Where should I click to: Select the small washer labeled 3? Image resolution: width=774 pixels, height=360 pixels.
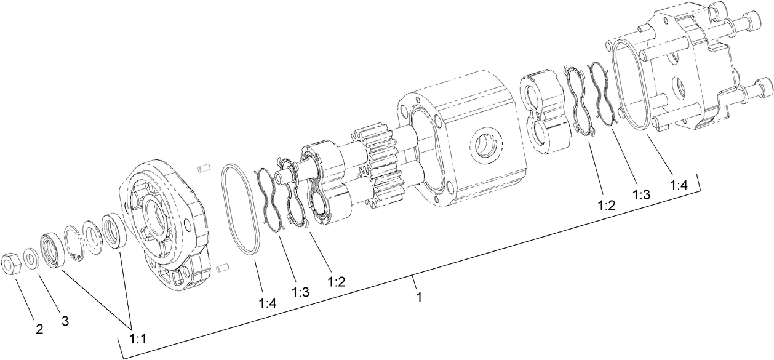pos(30,255)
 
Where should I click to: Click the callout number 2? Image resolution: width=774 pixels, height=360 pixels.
pos(39,329)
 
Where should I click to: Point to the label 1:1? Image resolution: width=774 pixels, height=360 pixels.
pos(138,338)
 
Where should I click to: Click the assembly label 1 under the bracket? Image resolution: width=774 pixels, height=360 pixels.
pos(419,297)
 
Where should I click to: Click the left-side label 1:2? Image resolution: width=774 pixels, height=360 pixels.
pos(336,282)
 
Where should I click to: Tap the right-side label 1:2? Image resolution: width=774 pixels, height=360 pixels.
pos(607,205)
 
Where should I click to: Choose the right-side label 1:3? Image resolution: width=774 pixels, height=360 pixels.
pos(641,194)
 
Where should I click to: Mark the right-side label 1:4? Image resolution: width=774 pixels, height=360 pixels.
pos(679,183)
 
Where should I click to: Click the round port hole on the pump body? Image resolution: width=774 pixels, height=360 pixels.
pos(485,146)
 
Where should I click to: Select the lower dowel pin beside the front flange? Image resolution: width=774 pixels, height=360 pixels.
pos(222,268)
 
